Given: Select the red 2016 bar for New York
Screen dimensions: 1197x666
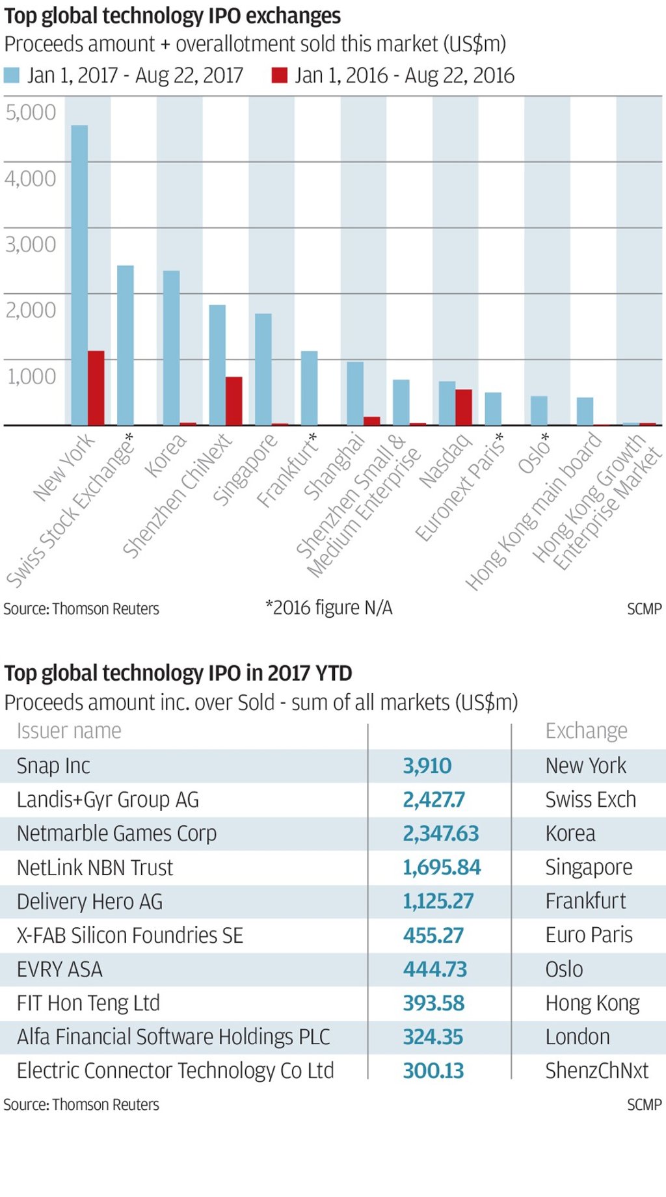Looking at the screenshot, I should [x=96, y=388].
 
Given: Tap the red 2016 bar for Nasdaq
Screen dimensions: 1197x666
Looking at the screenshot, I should [x=464, y=407].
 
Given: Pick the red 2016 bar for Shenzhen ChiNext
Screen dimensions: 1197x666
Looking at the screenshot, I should [x=234, y=401].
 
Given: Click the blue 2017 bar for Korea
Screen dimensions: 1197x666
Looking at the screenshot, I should [x=171, y=348].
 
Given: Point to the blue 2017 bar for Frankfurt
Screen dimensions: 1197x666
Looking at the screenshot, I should [x=309, y=388].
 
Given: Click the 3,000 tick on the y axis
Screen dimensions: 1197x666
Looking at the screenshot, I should [x=31, y=244].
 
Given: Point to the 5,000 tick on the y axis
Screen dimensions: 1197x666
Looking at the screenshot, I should [x=31, y=112].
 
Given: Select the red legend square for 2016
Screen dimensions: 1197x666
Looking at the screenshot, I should [x=280, y=75].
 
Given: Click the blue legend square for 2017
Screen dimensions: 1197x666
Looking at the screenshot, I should [x=12, y=75].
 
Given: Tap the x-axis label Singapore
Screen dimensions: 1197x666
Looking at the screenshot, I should [x=245, y=469].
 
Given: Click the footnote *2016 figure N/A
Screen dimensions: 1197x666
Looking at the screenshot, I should [x=328, y=607].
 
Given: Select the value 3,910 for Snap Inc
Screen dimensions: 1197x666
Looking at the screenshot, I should [x=427, y=766].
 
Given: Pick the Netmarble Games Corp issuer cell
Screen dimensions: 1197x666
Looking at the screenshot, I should [x=117, y=834].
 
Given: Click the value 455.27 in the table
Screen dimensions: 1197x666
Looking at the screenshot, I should [x=433, y=936].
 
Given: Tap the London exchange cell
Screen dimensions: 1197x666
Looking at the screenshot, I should [x=578, y=1037].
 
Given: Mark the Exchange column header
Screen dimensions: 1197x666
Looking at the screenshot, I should [x=586, y=731].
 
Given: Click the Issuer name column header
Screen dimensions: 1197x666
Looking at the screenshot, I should [x=69, y=731].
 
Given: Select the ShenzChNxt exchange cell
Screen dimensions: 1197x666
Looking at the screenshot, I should [x=596, y=1071].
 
